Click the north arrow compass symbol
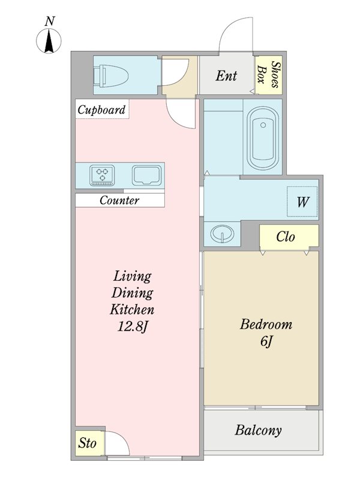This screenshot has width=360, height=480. click(x=49, y=41)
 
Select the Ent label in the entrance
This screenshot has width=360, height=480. click(x=226, y=76)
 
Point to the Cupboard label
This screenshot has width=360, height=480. click(x=101, y=110)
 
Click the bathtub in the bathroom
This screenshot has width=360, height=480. click(x=263, y=139)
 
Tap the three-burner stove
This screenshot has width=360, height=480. click(x=102, y=175)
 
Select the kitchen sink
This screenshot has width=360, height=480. click(x=146, y=175)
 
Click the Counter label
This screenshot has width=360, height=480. click(x=119, y=200)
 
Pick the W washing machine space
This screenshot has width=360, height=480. click(x=302, y=202)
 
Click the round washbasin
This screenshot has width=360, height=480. click(x=222, y=234)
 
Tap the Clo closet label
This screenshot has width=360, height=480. click(x=286, y=236)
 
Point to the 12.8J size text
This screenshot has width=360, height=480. click(x=132, y=327)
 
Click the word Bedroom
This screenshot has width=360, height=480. click(x=266, y=325)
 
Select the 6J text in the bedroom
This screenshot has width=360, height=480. click(x=266, y=341)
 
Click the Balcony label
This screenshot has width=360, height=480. click(x=258, y=430)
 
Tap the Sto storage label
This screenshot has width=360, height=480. click(x=87, y=443)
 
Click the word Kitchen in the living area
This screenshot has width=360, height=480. click(x=132, y=310)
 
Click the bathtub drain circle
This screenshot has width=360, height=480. click(x=263, y=125)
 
